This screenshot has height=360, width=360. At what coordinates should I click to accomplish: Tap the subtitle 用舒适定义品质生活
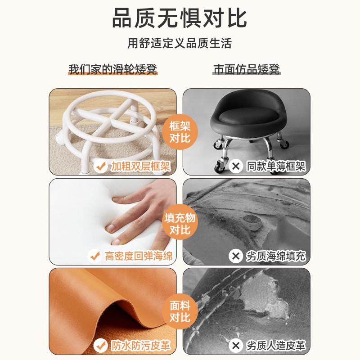(180, 43)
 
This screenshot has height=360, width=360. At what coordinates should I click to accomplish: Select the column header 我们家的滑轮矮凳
(113, 69)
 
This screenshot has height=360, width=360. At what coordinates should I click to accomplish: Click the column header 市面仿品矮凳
(247, 69)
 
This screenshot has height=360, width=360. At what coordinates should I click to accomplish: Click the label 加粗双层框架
(141, 166)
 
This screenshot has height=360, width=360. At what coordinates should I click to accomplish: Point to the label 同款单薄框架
(276, 166)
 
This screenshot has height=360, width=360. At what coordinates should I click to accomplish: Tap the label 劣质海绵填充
(276, 256)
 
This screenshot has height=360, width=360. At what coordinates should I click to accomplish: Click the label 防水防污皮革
(141, 346)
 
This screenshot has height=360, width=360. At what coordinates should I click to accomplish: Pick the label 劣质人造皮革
(276, 346)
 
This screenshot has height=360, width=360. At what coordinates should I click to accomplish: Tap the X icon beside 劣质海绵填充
(235, 256)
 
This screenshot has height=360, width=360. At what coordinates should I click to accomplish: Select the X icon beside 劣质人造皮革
(235, 346)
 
